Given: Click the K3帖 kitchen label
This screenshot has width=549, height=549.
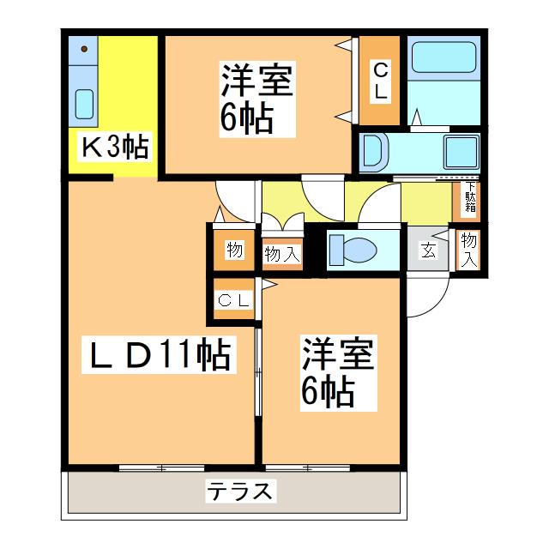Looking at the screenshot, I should coord(114,148).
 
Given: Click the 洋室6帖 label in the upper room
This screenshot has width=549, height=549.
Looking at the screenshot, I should coord(257,100).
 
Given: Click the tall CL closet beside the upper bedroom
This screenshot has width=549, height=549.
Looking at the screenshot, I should coord(379,81).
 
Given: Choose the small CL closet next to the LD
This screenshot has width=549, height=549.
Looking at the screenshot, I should coord(233,300).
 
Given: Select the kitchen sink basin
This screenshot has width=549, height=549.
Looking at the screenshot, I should coord(85,104).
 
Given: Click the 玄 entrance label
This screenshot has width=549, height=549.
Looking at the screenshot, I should coord(427,250).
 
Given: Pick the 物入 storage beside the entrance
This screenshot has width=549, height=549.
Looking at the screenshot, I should coord(468,250).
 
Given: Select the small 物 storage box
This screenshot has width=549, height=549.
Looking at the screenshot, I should coord(233,250).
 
